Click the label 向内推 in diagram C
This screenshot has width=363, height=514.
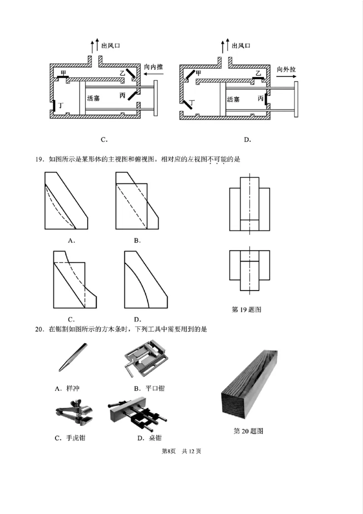[153, 67]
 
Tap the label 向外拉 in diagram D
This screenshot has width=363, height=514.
[286, 69]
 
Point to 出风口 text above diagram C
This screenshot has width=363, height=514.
[111, 45]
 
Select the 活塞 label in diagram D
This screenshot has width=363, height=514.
[233, 99]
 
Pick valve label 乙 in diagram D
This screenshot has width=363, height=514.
[258, 73]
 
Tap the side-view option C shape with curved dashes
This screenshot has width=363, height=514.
[75, 279]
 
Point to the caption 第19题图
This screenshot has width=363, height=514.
[246, 310]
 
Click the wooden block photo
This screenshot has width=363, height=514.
[250, 386]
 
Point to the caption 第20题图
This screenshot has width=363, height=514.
[248, 431]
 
